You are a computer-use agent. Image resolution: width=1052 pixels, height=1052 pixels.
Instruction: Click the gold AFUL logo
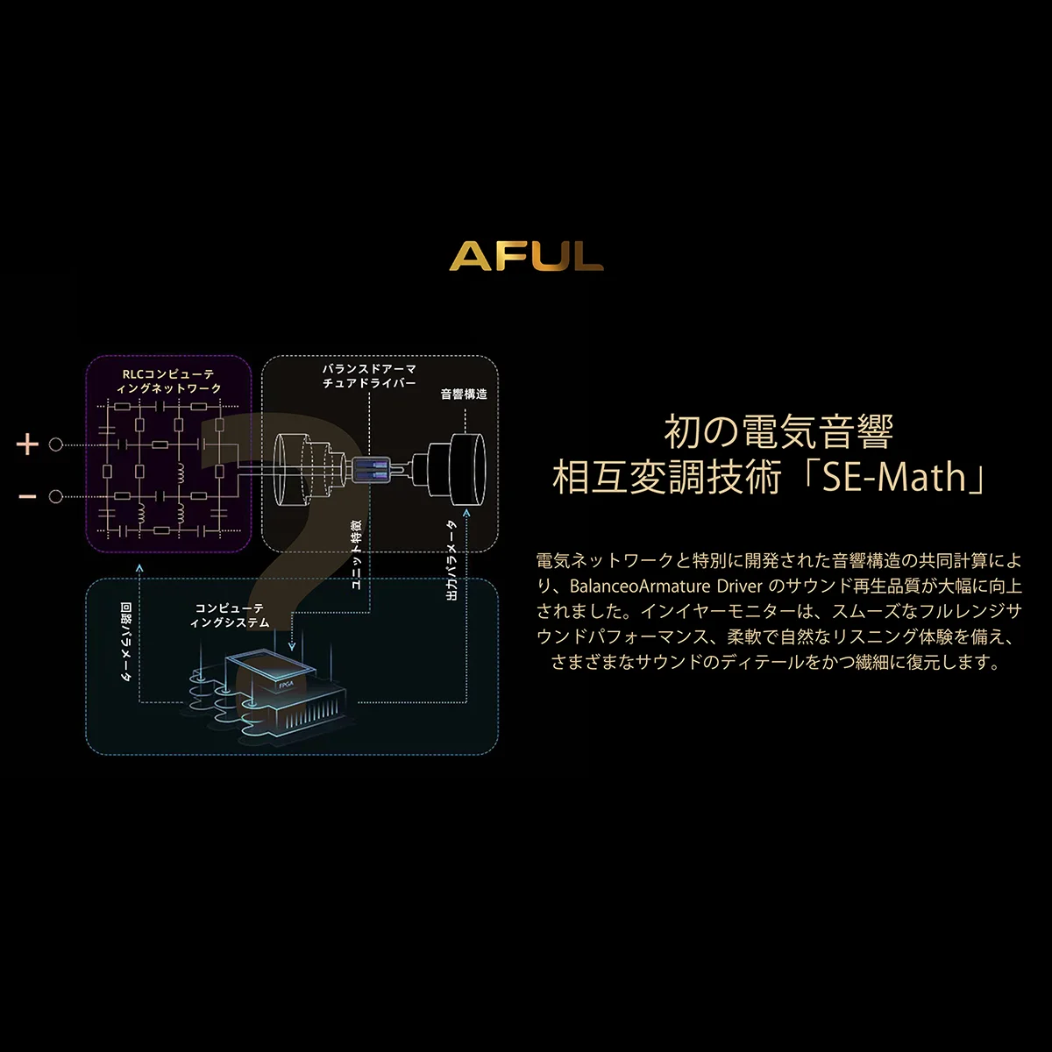[526, 256]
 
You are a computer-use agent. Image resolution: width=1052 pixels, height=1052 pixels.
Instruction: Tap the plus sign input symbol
[27, 444]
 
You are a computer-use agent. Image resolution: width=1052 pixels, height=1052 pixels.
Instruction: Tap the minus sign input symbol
[27, 496]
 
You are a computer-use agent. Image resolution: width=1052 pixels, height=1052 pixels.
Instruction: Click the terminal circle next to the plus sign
[56, 444]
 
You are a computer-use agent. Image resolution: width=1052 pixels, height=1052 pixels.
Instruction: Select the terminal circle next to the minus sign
[56, 497]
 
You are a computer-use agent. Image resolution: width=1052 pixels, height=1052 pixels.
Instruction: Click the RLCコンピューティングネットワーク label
[168, 381]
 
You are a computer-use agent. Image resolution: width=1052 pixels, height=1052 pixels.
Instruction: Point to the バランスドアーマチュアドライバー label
[369, 376]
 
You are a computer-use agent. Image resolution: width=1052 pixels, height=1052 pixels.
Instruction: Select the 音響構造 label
[464, 394]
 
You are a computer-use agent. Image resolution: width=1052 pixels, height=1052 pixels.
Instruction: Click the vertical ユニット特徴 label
[356, 555]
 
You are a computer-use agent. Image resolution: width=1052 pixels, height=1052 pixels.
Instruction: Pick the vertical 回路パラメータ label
[125, 642]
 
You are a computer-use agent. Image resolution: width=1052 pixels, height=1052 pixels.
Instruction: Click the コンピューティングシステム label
[230, 615]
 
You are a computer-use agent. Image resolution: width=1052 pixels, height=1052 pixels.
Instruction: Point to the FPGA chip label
[286, 685]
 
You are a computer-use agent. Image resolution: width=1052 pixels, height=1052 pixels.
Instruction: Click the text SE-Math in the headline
[893, 477]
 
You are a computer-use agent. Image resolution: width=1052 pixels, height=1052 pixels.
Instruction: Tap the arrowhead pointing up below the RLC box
[139, 568]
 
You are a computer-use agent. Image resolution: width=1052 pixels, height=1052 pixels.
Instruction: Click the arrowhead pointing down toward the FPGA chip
[292, 646]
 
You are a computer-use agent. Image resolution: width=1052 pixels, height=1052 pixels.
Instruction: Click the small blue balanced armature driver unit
[371, 470]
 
